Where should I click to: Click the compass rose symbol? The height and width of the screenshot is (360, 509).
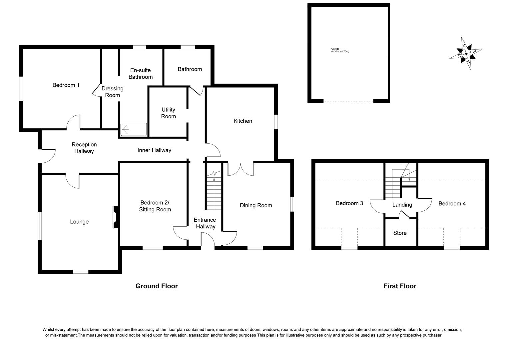pyautogui.click(x=466, y=53)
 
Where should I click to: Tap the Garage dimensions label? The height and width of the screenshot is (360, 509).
pyautogui.click(x=340, y=50)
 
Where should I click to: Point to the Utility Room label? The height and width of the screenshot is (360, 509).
pyautogui.click(x=168, y=113)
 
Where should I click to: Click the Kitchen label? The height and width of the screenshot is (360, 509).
pyautogui.click(x=243, y=121)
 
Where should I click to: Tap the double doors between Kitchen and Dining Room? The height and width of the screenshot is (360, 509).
pyautogui.click(x=241, y=168)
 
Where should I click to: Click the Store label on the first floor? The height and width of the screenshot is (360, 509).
pyautogui.click(x=400, y=233)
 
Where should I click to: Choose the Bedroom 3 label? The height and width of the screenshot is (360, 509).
pyautogui.click(x=349, y=203)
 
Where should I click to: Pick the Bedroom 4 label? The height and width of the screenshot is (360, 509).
pyautogui.click(x=452, y=204)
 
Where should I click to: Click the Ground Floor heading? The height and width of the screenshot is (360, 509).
pyautogui.click(x=156, y=286)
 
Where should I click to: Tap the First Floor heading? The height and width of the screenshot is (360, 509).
pyautogui.click(x=400, y=286)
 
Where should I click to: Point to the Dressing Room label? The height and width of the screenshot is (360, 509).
pyautogui.click(x=112, y=92)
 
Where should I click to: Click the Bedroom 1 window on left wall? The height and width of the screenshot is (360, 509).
pyautogui.click(x=21, y=88)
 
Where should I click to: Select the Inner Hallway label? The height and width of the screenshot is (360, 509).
pyautogui.click(x=154, y=150)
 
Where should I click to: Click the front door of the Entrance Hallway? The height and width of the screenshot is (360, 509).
pyautogui.click(x=208, y=240)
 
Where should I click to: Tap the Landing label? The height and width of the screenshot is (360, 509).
pyautogui.click(x=402, y=205)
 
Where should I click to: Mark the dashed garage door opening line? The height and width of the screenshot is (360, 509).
pyautogui.click(x=348, y=102)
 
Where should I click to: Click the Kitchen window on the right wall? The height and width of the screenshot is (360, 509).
pyautogui.click(x=276, y=122)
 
